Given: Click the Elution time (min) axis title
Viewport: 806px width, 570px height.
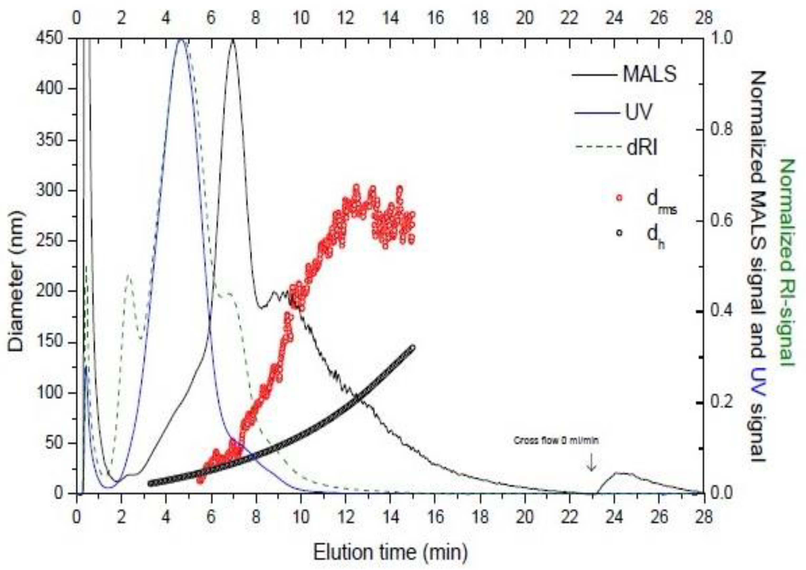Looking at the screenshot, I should [x=390, y=552].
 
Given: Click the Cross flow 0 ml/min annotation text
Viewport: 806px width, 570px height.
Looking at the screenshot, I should [x=556, y=441].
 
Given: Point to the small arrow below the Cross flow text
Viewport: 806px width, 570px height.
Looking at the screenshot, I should [x=592, y=463].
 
